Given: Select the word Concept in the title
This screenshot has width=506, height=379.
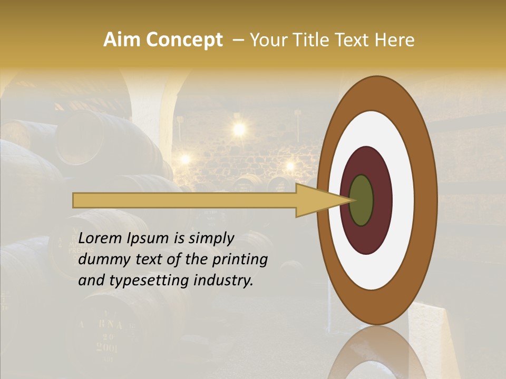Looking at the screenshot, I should pos(184,40).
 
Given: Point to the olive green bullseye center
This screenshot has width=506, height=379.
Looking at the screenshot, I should pos(361,201).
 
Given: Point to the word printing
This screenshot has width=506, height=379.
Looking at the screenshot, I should pos(242,260).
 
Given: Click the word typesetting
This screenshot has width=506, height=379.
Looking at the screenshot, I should pos(138,281).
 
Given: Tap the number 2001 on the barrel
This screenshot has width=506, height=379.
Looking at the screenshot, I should pos(107,348).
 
